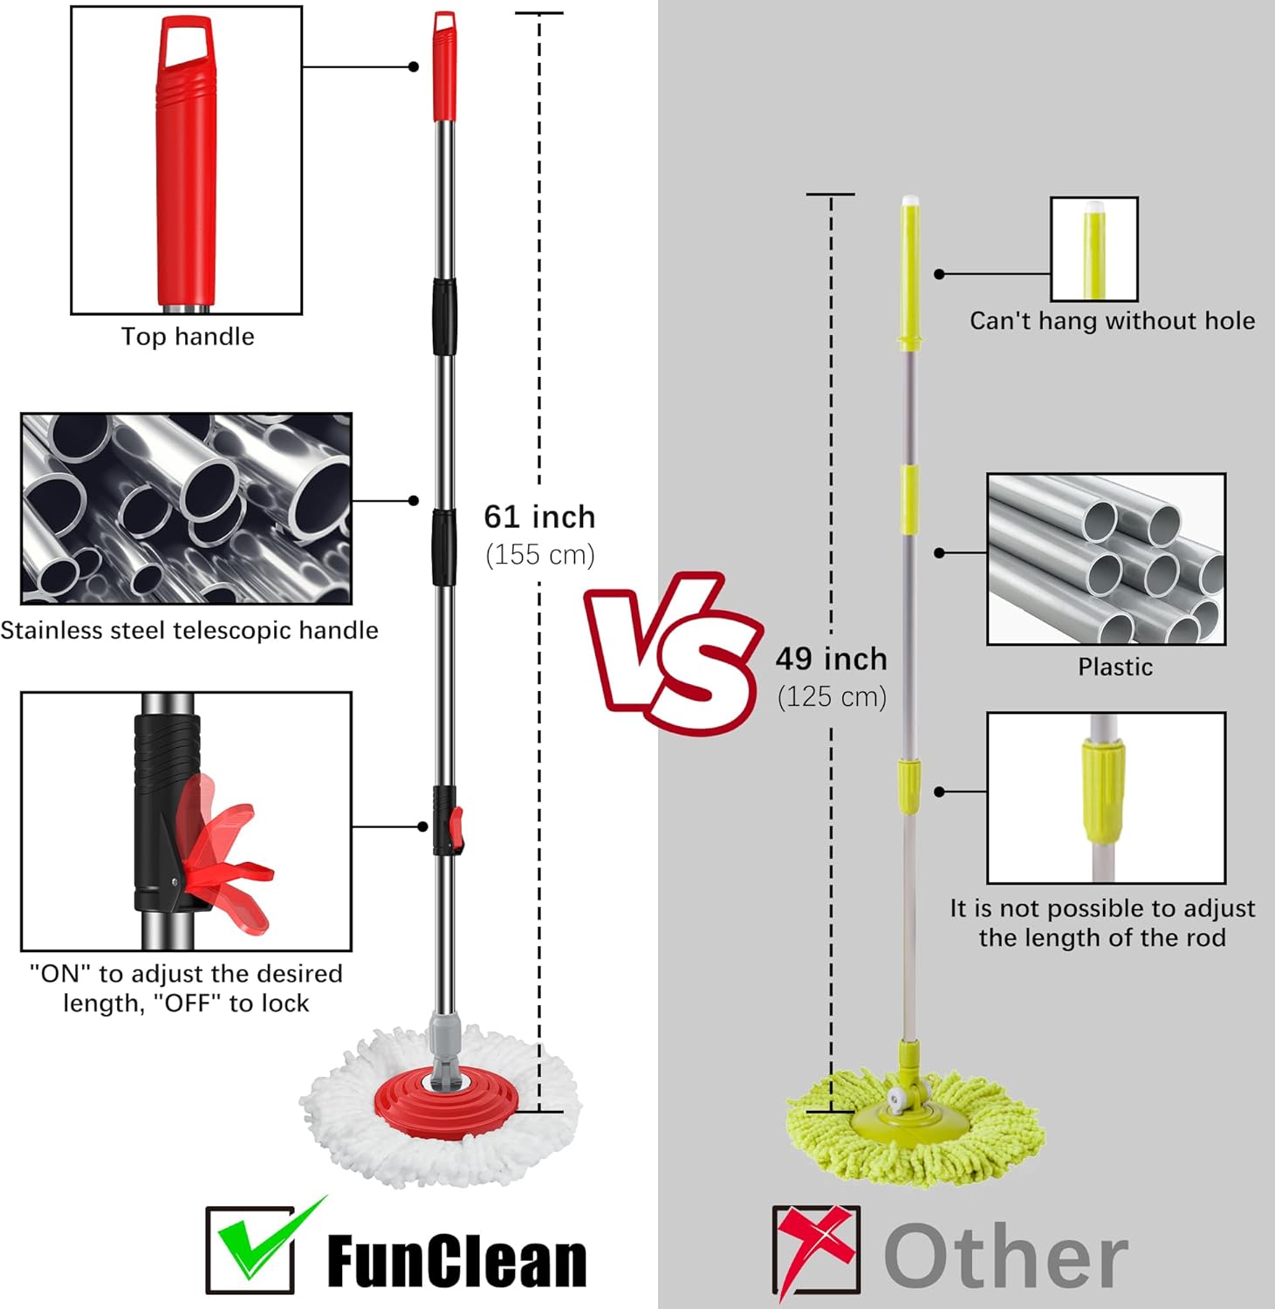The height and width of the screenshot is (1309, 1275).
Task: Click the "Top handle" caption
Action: (188, 337)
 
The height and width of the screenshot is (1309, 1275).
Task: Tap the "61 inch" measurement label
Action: (539, 517)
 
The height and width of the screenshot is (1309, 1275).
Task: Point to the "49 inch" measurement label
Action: (831, 659)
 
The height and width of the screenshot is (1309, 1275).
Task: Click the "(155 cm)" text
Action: (540, 555)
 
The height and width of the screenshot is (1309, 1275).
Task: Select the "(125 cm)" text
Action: (832, 697)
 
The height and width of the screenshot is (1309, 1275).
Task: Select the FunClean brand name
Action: (456, 1261)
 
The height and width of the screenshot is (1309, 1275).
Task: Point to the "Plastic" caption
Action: (1115, 668)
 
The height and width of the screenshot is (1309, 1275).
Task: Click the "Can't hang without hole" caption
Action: (1113, 321)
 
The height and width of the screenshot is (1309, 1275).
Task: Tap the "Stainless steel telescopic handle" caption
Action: (189, 630)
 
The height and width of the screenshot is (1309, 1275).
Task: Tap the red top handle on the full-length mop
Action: (445, 66)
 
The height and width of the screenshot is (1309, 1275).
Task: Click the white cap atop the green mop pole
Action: (909, 201)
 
